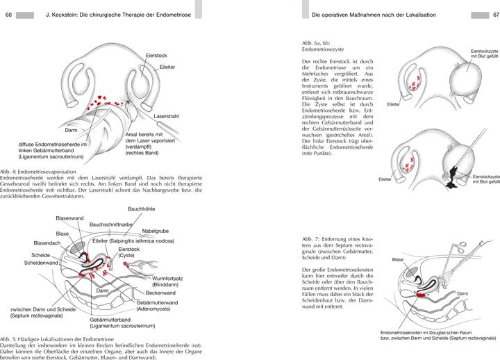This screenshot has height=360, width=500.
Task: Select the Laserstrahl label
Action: (x=167, y=116)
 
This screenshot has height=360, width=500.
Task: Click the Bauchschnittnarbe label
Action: (x=113, y=224)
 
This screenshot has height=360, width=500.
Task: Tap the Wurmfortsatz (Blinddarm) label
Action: (x=169, y=281)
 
